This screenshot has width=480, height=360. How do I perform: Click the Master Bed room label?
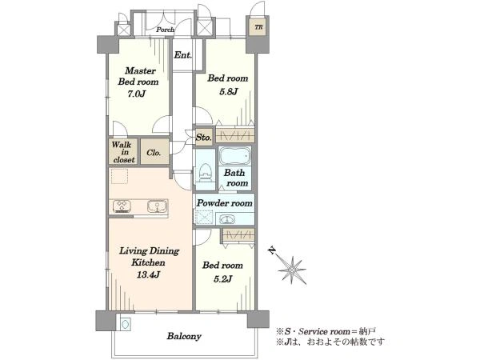138,76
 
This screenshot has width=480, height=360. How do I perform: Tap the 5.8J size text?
228,91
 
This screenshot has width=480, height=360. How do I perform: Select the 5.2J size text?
222,279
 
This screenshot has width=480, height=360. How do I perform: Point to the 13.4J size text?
149,274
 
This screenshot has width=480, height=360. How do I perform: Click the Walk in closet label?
123,152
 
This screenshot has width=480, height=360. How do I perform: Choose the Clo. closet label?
154,153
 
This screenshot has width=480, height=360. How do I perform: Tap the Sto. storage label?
203,137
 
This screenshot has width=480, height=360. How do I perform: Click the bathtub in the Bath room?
234,156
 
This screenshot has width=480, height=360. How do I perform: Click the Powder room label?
224,203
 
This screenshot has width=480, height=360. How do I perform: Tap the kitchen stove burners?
122,206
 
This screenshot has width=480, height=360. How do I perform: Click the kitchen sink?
158,206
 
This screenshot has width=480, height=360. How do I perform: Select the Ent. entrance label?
183,55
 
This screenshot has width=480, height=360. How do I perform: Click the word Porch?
166,30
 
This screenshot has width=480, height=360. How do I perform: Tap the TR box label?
258,27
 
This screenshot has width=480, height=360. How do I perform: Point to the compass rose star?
292,270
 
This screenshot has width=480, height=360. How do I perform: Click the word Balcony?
184,336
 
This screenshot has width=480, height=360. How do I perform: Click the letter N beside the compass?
271,250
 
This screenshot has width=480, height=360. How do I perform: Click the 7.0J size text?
136,94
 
